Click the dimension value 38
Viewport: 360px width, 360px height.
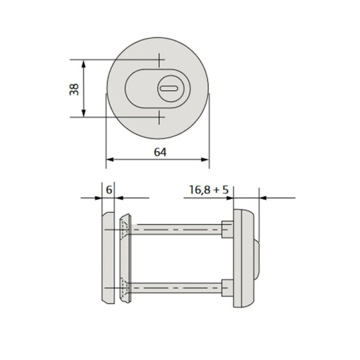click(x=74, y=89)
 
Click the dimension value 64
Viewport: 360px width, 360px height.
click(x=160, y=152)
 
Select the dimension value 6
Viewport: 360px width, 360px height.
click(x=109, y=190)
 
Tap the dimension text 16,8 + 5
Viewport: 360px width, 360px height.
click(x=209, y=190)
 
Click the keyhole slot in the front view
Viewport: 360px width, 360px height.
click(x=169, y=88)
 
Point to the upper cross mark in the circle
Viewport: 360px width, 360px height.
click(x=159, y=60)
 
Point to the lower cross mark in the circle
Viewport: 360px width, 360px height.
click(x=159, y=117)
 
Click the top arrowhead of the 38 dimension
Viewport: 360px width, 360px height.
click(x=84, y=64)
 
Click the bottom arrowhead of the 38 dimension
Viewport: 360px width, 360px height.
click(x=84, y=113)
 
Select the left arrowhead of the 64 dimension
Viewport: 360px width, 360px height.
click(x=110, y=160)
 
